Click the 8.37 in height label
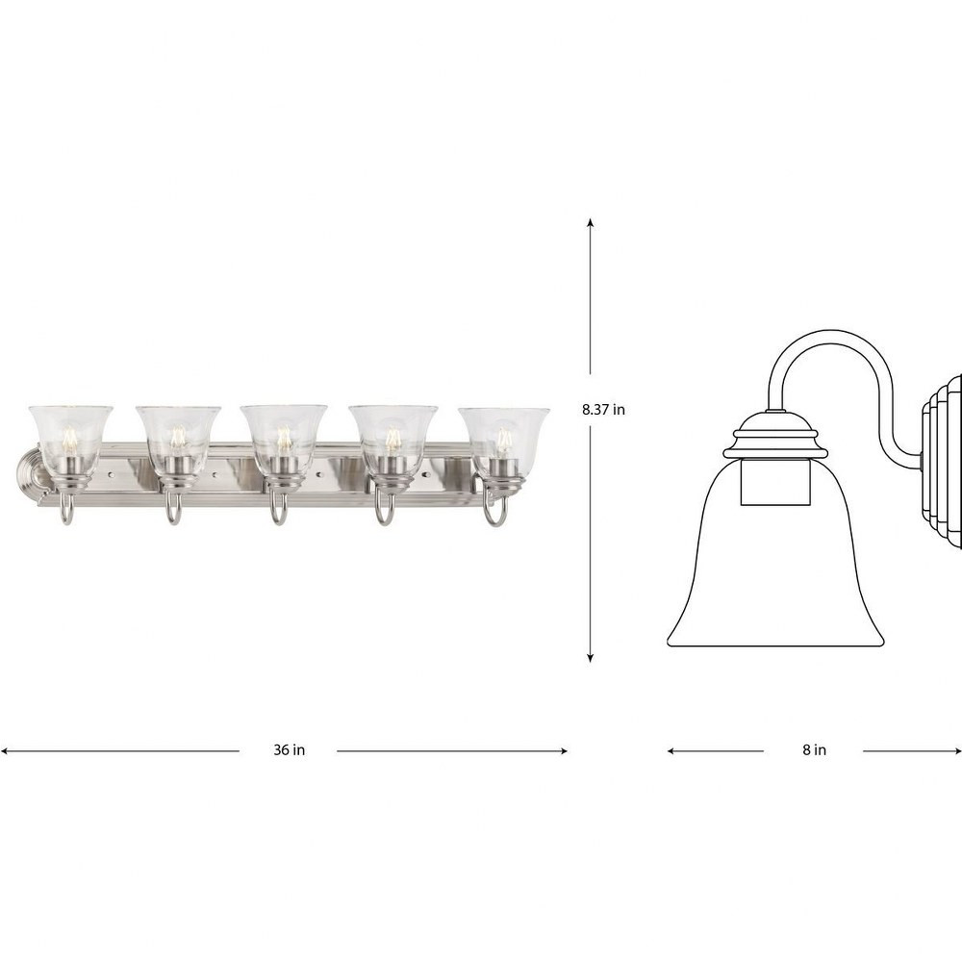coord(603,409)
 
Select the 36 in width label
coord(289,749)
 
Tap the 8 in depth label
coord(814,749)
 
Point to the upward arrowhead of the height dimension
coord(591,222)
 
